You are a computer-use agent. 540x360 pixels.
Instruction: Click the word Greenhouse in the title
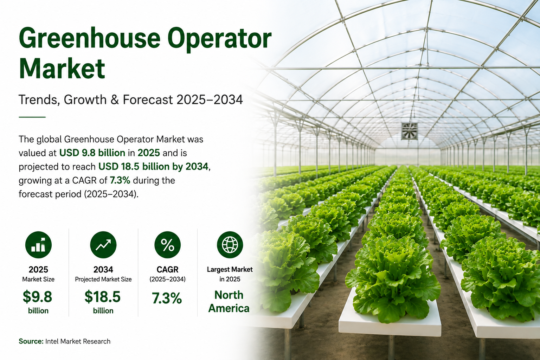click(90, 38)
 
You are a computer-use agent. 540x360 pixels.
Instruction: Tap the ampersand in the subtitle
click(115, 99)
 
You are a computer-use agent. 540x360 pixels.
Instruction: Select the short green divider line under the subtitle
click(32, 117)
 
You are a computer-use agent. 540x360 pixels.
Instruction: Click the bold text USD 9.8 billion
click(92, 153)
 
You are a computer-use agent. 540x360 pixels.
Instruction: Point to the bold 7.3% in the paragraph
click(120, 180)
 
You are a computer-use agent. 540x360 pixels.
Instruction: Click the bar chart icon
click(38, 245)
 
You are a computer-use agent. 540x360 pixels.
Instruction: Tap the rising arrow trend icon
click(103, 245)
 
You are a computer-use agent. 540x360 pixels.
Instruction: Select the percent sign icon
click(168, 245)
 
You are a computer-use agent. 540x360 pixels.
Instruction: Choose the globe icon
click(230, 245)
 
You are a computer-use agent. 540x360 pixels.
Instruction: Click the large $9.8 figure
click(37, 297)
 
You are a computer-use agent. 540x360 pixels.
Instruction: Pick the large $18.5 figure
click(102, 297)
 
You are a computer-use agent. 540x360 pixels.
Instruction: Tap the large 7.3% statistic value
click(167, 298)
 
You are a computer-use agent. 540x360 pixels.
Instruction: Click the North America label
click(229, 302)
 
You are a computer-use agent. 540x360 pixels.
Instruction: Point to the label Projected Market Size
click(103, 279)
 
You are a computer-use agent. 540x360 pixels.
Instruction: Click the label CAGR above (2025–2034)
click(168, 269)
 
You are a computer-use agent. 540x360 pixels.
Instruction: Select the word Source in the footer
click(31, 341)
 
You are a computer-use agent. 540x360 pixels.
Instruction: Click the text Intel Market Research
click(78, 341)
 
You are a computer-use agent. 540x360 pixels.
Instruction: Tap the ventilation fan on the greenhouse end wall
click(409, 131)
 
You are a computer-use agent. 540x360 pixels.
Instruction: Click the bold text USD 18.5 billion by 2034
click(153, 167)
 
